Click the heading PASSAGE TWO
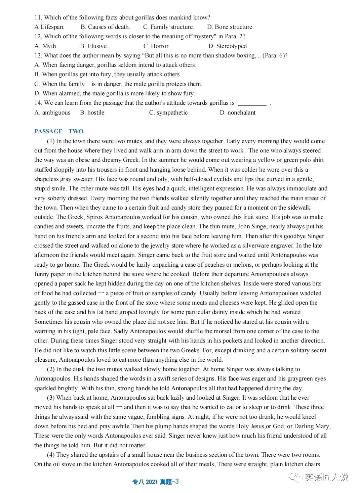click(59, 131)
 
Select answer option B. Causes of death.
click(105, 27)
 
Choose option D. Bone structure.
click(230, 27)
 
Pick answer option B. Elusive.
click(94, 46)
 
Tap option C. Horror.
click(156, 46)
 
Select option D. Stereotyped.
click(228, 46)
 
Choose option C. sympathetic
click(168, 113)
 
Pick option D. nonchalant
click(238, 113)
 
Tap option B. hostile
click(92, 113)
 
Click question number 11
click(38, 17)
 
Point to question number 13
click(38, 55)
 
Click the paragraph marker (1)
click(51, 141)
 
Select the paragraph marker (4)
click(51, 455)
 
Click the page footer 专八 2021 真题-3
click(156, 482)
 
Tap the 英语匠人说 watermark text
click(326, 477)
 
